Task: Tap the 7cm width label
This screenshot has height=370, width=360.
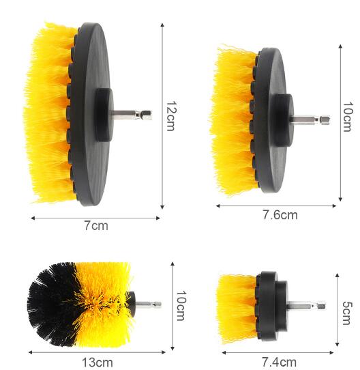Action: pos(96,225)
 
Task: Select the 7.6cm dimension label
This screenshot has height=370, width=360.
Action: pos(280,215)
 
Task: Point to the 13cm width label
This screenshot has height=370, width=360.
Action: pos(97,362)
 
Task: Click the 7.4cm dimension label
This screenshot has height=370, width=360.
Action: pos(279,362)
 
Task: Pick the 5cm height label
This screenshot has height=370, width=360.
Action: pos(347,313)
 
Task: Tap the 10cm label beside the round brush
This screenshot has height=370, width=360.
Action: pos(181,306)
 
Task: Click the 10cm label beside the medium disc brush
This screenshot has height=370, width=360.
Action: pos(348,117)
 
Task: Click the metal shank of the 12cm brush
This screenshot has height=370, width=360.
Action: pos(132,115)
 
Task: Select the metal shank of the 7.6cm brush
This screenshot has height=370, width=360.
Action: pos(310,119)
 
